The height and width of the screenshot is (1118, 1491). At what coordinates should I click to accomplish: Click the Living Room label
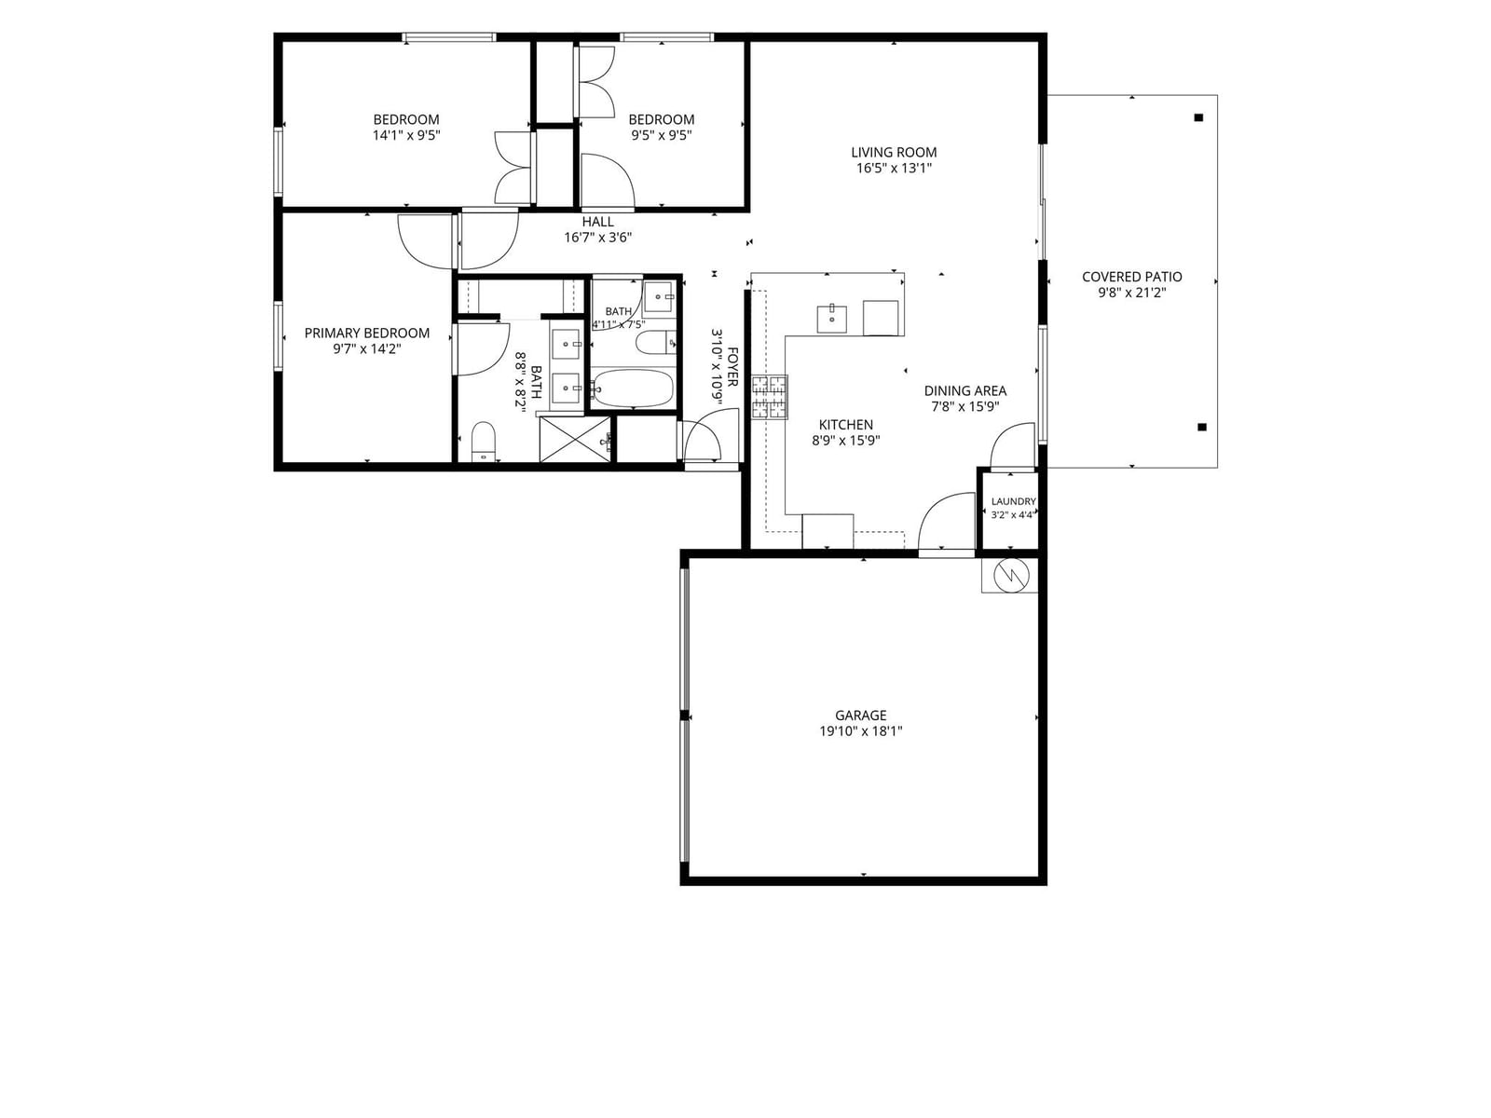tap(894, 152)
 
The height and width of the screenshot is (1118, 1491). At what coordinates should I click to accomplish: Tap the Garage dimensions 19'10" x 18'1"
tap(861, 731)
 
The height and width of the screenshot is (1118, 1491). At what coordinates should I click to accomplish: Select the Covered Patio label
tap(1131, 277)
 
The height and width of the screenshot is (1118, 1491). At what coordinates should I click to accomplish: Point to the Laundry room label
tap(1014, 501)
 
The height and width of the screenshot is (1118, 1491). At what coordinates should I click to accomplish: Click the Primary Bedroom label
tap(367, 333)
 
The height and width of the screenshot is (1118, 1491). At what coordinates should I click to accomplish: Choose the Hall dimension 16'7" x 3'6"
tap(597, 238)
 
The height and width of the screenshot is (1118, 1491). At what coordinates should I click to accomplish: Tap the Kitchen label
tap(846, 424)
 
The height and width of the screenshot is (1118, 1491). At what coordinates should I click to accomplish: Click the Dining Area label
tap(965, 390)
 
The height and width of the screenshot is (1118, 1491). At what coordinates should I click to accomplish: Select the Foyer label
tap(732, 367)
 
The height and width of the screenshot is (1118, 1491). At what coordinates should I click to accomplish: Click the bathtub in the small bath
tap(633, 389)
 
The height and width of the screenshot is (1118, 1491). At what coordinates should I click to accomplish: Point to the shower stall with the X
tap(575, 439)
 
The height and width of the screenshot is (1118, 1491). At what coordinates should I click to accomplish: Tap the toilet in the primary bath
tap(484, 442)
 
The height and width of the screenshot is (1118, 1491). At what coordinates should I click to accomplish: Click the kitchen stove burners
tap(769, 397)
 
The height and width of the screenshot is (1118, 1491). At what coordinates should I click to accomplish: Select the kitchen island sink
tap(831, 319)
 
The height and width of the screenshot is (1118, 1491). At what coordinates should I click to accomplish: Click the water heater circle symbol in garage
tap(1011, 576)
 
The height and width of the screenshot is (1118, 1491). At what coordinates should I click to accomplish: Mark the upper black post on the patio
tap(1199, 117)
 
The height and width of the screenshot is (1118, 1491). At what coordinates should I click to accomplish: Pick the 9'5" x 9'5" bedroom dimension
tap(662, 135)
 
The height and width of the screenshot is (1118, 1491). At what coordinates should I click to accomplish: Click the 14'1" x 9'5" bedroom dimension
tap(406, 135)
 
